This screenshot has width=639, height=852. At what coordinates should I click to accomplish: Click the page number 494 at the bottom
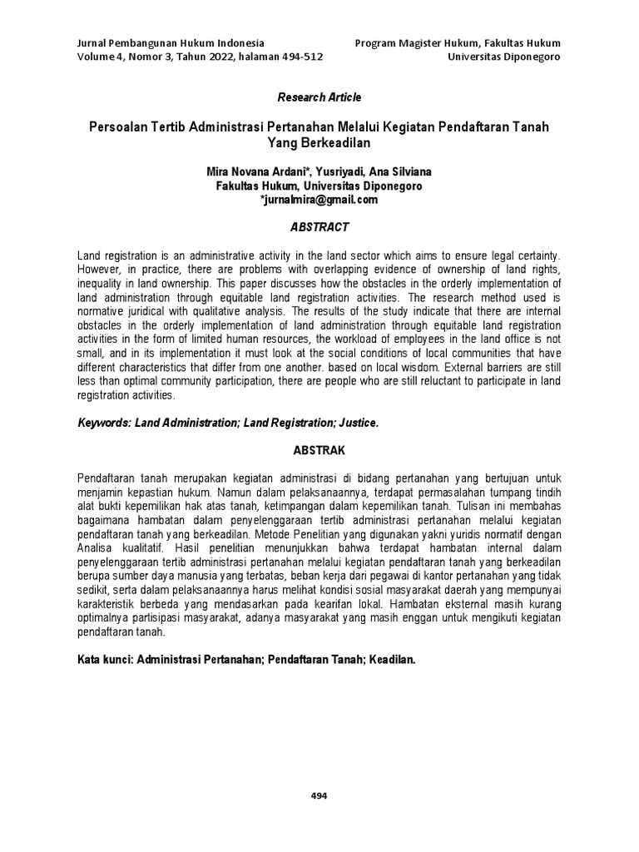(319, 795)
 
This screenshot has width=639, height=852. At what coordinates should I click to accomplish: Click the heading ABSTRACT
(319, 227)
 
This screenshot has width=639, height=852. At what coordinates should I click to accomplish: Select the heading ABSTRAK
(319, 449)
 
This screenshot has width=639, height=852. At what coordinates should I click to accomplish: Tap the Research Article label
(319, 97)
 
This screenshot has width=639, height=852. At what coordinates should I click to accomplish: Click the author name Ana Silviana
(400, 172)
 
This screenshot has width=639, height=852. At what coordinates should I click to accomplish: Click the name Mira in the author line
(220, 172)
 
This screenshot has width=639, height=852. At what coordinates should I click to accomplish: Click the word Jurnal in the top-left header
(92, 42)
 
